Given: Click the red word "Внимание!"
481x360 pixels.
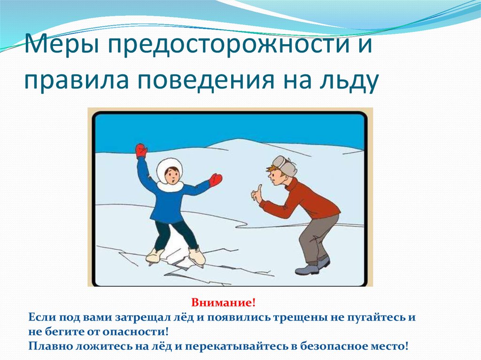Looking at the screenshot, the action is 223,303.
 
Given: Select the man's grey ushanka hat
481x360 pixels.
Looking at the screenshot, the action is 284,166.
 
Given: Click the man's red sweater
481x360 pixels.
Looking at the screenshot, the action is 302,201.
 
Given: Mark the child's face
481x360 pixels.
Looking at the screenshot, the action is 171,175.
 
